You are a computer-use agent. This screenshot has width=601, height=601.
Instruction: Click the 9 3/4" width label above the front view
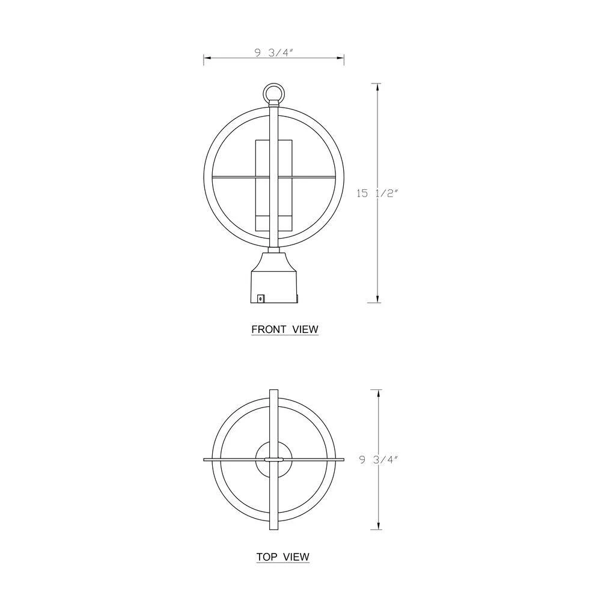273,53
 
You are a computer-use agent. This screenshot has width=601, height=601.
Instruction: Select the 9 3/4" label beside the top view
379,460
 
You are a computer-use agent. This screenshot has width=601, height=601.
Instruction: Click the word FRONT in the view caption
269,329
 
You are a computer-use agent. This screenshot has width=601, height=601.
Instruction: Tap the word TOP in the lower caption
267,557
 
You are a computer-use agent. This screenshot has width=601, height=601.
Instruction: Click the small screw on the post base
261,298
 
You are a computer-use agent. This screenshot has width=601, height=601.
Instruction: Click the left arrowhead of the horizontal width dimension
207,58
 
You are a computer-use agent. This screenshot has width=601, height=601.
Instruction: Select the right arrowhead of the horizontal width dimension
340,58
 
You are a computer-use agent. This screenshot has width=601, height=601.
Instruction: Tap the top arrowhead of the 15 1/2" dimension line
378,87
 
